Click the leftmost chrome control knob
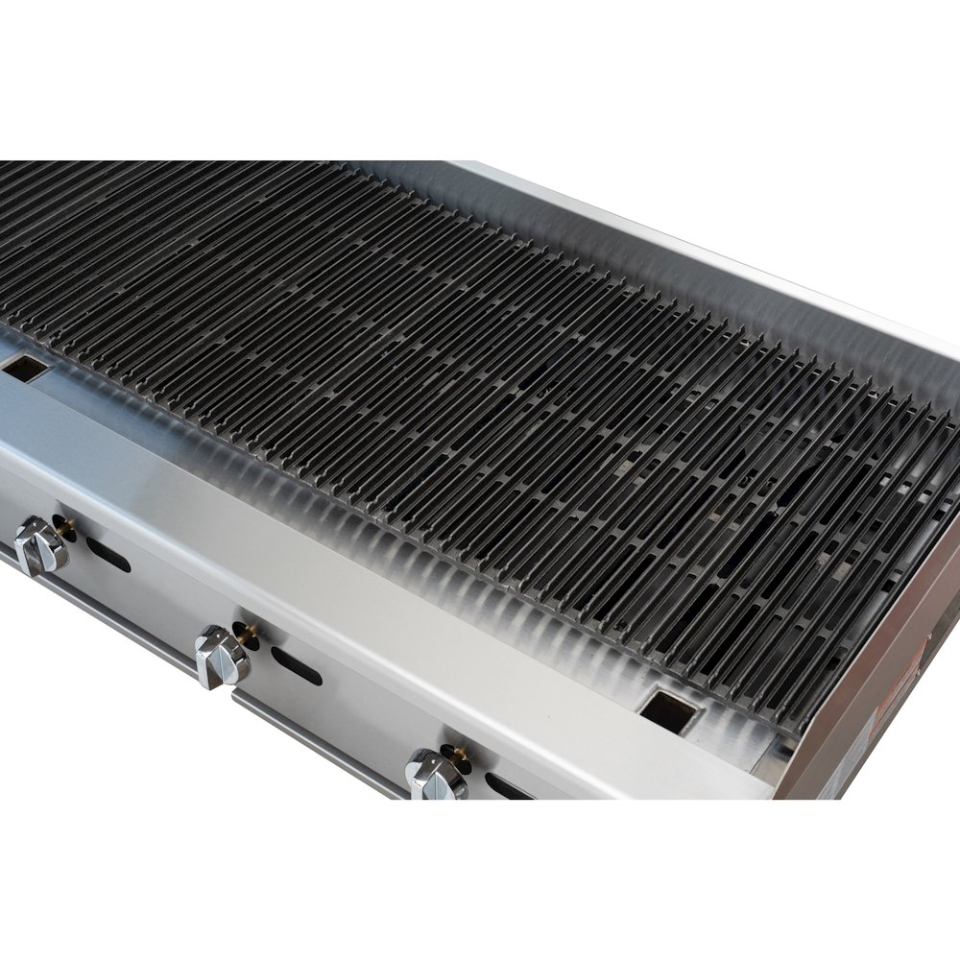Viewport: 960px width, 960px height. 38,545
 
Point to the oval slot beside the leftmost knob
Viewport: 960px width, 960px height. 108,554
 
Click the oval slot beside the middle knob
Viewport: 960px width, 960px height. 296,665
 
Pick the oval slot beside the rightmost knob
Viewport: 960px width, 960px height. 504,785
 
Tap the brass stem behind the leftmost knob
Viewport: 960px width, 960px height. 64,525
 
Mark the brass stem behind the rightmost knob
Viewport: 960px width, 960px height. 451,751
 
